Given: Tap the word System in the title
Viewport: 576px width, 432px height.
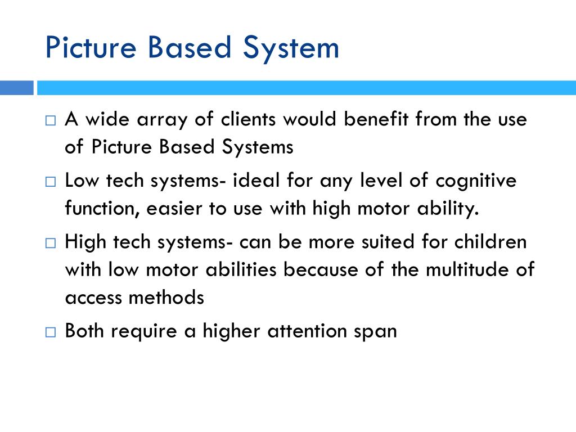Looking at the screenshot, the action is (x=291, y=48).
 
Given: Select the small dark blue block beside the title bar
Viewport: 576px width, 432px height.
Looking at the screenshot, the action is (x=16, y=88).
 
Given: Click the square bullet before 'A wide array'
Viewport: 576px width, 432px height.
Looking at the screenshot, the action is (x=51, y=121).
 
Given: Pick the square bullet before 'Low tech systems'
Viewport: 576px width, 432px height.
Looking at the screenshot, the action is (x=51, y=182).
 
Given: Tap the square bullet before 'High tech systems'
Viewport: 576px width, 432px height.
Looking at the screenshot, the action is (x=51, y=244).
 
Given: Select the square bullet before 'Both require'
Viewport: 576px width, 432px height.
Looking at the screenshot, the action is (x=51, y=332).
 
